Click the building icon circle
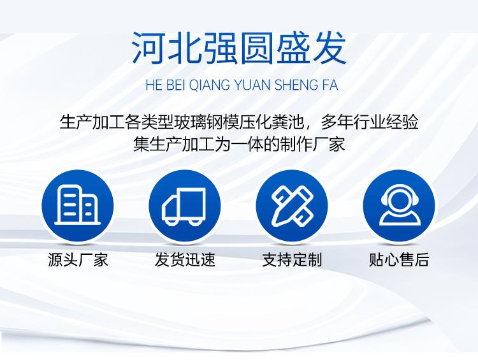pyautogui.click(x=77, y=206)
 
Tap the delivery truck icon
pyautogui.click(x=184, y=206)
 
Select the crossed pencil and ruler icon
pyautogui.click(x=292, y=206)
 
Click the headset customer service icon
pyautogui.click(x=400, y=205)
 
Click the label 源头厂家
pyautogui.click(x=78, y=260)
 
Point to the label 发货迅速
pyautogui.click(x=185, y=260)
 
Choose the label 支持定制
pyautogui.click(x=292, y=260)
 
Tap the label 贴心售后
pyautogui.click(x=399, y=260)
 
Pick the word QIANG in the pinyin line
pyautogui.click(x=210, y=85)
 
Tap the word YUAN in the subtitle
pyautogui.click(x=252, y=85)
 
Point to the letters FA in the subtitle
pyautogui.click(x=330, y=85)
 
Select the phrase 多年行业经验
pyautogui.click(x=369, y=122)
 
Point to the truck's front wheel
pyautogui.click(x=171, y=221)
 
